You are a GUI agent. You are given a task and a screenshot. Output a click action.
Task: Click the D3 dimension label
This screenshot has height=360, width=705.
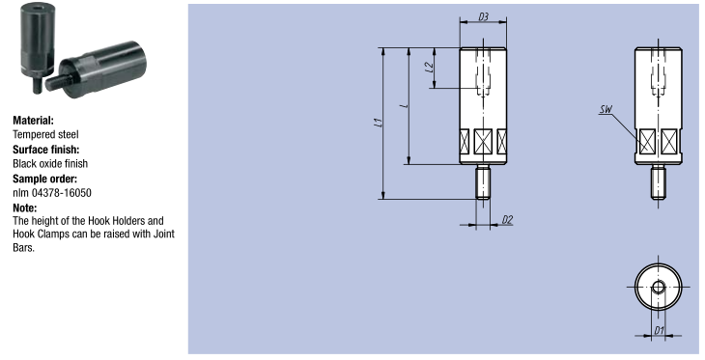pyautogui.click(x=483, y=17)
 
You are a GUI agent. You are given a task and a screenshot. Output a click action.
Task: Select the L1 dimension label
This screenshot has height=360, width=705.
pyautogui.click(x=379, y=123)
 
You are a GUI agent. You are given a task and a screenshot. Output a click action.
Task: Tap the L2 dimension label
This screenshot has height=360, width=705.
pyautogui.click(x=430, y=67)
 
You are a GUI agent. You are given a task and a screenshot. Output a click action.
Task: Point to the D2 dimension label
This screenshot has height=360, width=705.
pyautogui.click(x=507, y=220)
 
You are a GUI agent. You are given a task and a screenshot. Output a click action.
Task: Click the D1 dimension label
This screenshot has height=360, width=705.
pyautogui.click(x=659, y=331)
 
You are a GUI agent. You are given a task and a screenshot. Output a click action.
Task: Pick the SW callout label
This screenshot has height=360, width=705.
pyautogui.click(x=606, y=110)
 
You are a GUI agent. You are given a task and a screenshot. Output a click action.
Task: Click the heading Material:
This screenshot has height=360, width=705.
pyautogui.click(x=33, y=121)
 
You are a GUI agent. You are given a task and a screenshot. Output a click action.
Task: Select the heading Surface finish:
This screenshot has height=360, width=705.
pyautogui.click(x=45, y=150)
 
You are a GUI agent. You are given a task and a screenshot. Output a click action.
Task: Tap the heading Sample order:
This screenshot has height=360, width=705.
pyautogui.click(x=45, y=179)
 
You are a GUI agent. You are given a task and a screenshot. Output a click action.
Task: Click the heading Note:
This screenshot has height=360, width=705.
pyautogui.click(x=25, y=208)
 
